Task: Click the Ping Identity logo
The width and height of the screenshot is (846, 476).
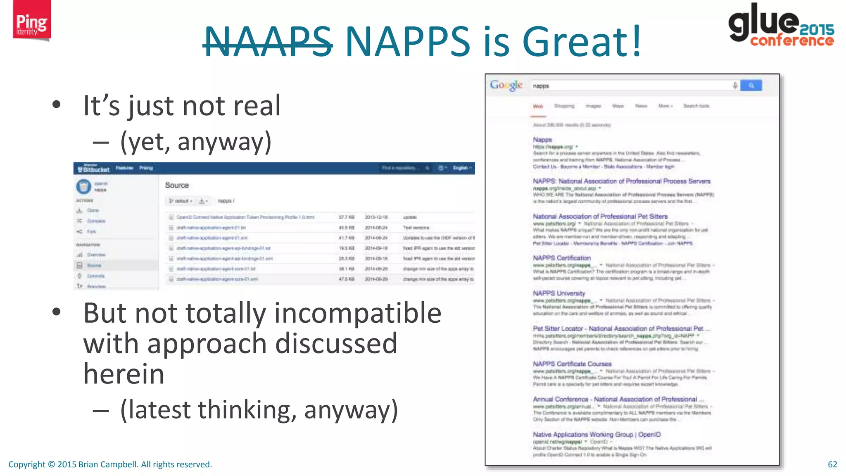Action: pos(31,21)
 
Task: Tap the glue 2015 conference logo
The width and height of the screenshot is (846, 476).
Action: pos(781,25)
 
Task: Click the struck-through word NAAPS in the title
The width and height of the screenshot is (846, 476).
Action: pos(268,41)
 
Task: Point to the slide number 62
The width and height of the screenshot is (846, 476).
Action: pos(832,464)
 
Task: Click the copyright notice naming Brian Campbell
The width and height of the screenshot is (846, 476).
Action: pos(110,464)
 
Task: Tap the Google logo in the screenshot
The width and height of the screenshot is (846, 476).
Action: pos(506,86)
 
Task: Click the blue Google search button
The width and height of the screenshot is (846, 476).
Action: pos(751,86)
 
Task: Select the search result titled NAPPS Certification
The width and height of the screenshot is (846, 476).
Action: pos(562,258)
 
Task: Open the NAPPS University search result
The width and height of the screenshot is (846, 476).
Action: pos(559,293)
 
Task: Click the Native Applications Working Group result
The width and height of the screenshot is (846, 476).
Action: pos(596,435)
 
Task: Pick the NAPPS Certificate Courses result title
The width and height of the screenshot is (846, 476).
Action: pos(572,364)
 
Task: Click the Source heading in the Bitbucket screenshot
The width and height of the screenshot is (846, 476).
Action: pos(177,186)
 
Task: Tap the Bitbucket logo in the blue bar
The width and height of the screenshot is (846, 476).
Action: pos(94,169)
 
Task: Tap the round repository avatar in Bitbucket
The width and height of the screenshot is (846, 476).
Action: pos(83,186)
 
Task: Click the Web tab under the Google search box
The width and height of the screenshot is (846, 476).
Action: pos(538,106)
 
